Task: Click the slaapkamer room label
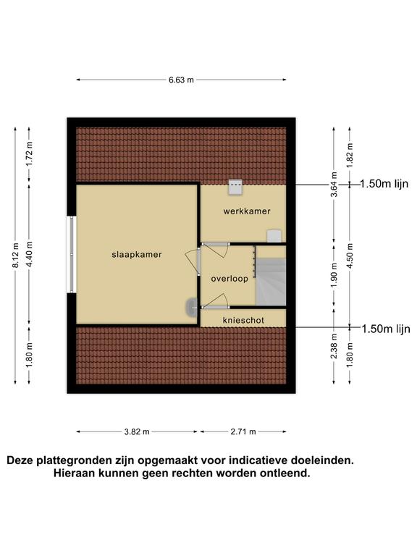pyautogui.click(x=137, y=255)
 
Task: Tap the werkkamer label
pyautogui.click(x=247, y=211)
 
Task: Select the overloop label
pyautogui.click(x=229, y=279)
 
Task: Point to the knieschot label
pyautogui.click(x=243, y=321)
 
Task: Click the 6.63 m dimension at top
pyautogui.click(x=181, y=80)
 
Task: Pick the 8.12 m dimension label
pyautogui.click(x=15, y=256)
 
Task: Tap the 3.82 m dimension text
pyautogui.click(x=137, y=431)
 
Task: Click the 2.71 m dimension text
pyautogui.click(x=243, y=431)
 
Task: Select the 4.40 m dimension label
pyautogui.click(x=29, y=254)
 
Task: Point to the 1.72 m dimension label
pyautogui.click(x=29, y=154)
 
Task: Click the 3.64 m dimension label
pyautogui.click(x=334, y=185)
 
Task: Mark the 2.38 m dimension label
pyautogui.click(x=334, y=346)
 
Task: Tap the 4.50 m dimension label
pyautogui.click(x=350, y=256)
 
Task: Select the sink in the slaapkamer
pyautogui.click(x=192, y=307)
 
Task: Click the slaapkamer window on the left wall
pyautogui.click(x=71, y=255)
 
